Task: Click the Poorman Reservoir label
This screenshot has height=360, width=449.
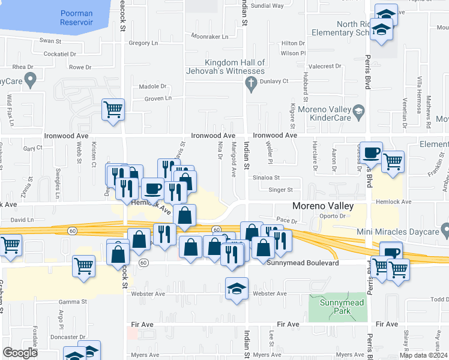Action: click(x=77, y=17)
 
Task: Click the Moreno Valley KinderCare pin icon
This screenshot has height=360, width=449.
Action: click(x=358, y=110)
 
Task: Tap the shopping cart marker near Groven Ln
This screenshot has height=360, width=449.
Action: click(x=113, y=110)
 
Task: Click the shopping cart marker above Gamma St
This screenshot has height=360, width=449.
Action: click(x=84, y=266)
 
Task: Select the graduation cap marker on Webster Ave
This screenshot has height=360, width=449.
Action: click(x=237, y=289)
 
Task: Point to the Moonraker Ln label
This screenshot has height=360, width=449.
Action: click(x=209, y=37)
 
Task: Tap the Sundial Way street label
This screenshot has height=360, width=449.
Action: click(x=267, y=5)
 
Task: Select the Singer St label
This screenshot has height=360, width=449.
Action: click(x=281, y=190)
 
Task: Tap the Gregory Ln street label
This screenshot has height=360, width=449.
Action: click(x=143, y=43)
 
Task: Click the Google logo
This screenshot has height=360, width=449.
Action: click(x=20, y=353)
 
